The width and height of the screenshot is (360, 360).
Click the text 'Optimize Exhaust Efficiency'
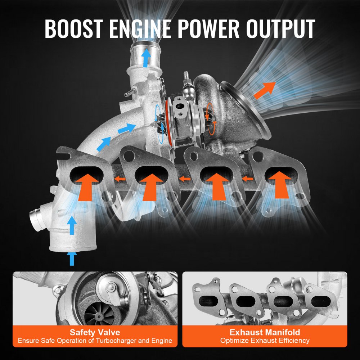(265, 341)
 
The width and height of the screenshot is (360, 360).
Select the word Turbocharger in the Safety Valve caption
(120, 341)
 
